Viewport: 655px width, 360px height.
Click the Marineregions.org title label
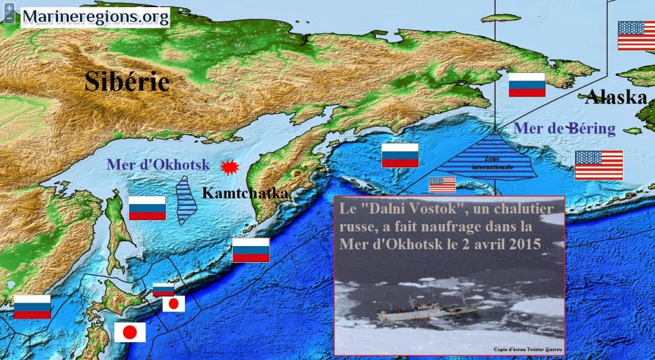(95, 17)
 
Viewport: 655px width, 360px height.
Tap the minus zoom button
(9, 18)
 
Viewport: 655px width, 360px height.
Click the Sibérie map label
(127, 81)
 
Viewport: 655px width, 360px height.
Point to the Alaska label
(616, 97)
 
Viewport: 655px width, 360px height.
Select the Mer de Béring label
(564, 128)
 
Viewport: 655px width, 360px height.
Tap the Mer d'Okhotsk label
(158, 165)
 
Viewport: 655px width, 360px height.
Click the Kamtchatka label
(245, 193)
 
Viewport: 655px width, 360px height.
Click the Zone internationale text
(493, 163)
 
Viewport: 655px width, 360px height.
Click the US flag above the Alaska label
(636, 36)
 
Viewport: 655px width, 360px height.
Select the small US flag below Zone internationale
(442, 184)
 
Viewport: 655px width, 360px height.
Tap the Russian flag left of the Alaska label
(527, 85)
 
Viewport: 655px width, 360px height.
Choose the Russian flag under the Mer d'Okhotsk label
(147, 208)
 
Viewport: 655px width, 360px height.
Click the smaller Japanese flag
(174, 304)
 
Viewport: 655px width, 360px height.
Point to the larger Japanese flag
(130, 332)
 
